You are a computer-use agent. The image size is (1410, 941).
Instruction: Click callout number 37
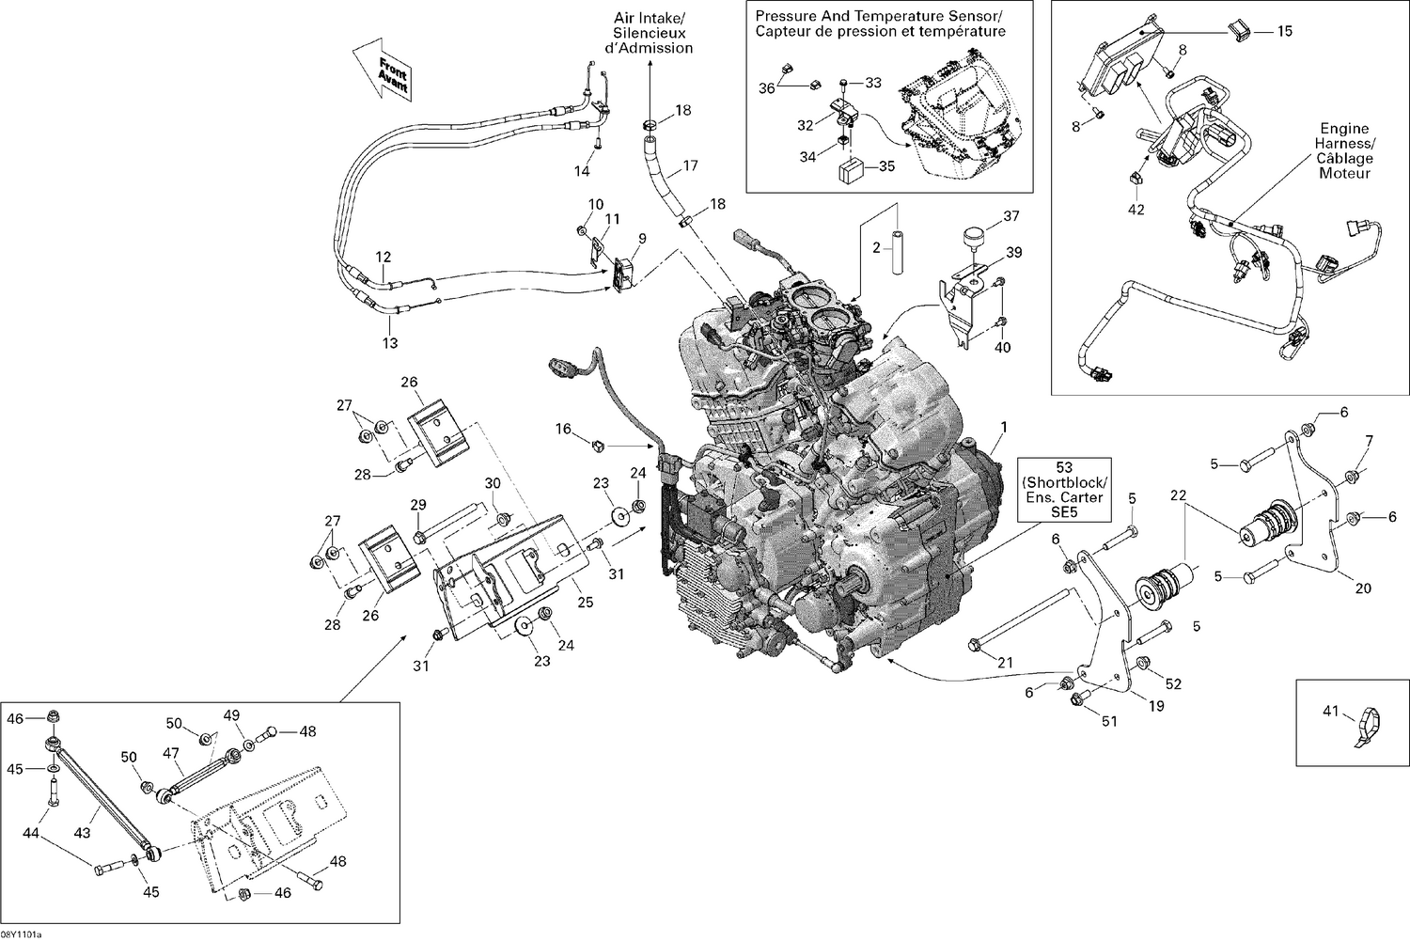pyautogui.click(x=1011, y=216)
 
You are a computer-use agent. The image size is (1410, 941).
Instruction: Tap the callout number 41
pyautogui.click(x=1330, y=712)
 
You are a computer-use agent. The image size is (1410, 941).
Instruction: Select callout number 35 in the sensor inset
pyautogui.click(x=885, y=167)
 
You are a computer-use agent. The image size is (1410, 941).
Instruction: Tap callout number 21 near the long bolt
pyautogui.click(x=1006, y=663)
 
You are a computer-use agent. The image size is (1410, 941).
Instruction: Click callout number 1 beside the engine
pyautogui.click(x=1004, y=427)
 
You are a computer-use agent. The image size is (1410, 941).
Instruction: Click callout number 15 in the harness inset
pyautogui.click(x=1284, y=31)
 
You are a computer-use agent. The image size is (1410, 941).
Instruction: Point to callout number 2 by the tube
pyautogui.click(x=877, y=247)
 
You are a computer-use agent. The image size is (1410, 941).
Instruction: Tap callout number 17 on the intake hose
pyautogui.click(x=691, y=165)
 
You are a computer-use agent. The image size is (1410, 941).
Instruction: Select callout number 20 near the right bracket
pyautogui.click(x=1363, y=588)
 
